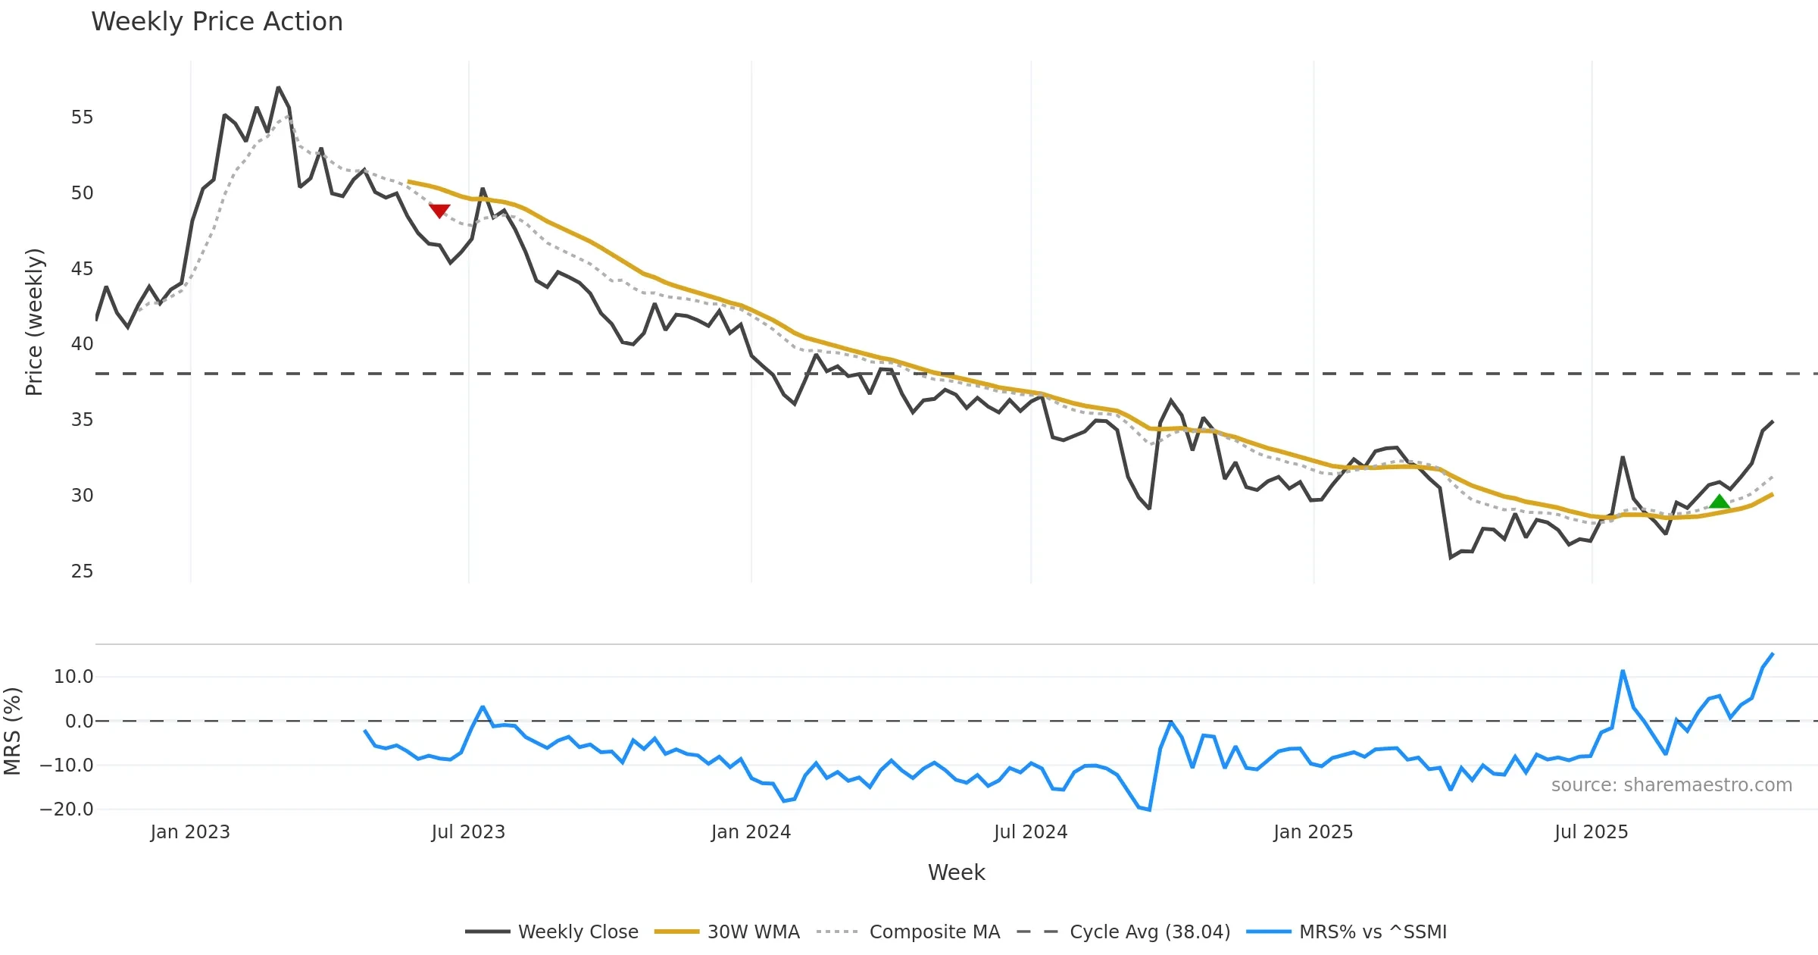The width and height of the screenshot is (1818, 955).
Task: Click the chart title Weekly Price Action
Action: click(217, 22)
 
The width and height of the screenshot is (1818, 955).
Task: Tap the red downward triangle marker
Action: click(439, 211)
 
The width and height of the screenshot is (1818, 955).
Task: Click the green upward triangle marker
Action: click(1720, 501)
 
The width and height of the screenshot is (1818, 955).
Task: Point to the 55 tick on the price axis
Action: click(82, 117)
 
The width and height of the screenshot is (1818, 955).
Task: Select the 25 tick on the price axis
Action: click(82, 571)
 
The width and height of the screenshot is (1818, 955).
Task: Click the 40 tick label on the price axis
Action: click(82, 344)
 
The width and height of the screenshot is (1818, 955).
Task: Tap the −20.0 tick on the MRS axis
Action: click(67, 809)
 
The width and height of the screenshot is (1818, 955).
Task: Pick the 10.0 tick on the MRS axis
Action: click(73, 676)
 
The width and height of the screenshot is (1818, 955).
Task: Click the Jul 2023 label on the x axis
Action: click(468, 831)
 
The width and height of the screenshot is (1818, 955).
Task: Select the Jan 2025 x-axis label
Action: click(1313, 831)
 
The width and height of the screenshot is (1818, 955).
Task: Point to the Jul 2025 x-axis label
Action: click(1591, 831)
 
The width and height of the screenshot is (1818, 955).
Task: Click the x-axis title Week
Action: click(956, 872)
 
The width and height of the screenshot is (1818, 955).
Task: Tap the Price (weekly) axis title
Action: click(34, 322)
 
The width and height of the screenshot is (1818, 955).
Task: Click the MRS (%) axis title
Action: click(12, 731)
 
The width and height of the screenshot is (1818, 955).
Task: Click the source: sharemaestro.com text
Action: click(1671, 784)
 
